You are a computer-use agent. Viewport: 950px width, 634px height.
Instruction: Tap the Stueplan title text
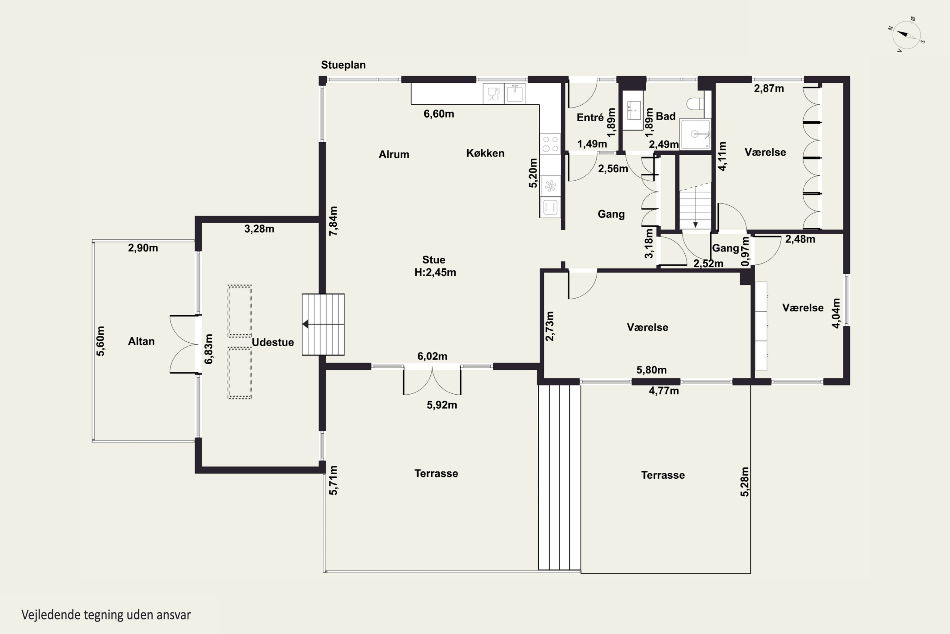click(x=343, y=65)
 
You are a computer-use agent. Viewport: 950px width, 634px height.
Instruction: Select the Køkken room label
click(x=485, y=153)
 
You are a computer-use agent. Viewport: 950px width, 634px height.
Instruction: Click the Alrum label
click(x=394, y=154)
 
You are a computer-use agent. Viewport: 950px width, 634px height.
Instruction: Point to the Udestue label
click(x=273, y=342)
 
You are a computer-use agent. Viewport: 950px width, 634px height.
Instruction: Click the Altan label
click(x=141, y=341)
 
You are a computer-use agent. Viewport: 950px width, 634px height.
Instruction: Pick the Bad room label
click(x=666, y=116)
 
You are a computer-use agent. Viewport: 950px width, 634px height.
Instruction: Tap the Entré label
click(x=590, y=117)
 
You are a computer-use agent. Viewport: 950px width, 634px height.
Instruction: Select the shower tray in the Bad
click(x=695, y=134)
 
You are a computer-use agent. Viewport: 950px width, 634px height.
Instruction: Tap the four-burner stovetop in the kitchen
click(x=550, y=144)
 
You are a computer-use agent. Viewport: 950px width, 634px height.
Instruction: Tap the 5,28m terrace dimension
click(x=744, y=482)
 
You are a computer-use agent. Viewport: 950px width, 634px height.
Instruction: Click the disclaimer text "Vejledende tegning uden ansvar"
click(x=106, y=615)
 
